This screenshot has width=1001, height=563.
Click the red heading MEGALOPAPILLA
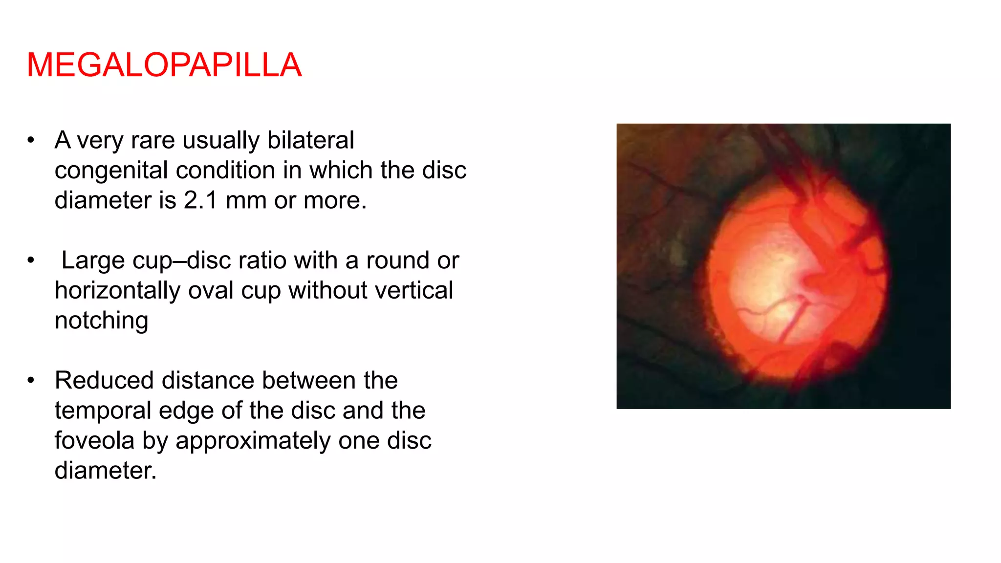[x=164, y=65]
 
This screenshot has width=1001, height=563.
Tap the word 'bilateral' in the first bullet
[x=310, y=140]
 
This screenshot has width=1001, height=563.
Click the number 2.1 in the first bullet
[x=200, y=200]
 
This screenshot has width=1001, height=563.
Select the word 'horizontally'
[x=117, y=290]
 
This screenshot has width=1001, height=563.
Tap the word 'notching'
[x=101, y=321]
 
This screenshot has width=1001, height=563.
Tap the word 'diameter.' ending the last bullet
[x=106, y=471]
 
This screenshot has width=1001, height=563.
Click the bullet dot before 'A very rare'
[x=31, y=140]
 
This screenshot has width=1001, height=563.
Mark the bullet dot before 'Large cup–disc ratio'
[x=31, y=260]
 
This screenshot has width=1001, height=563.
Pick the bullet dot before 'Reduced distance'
[x=31, y=381]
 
